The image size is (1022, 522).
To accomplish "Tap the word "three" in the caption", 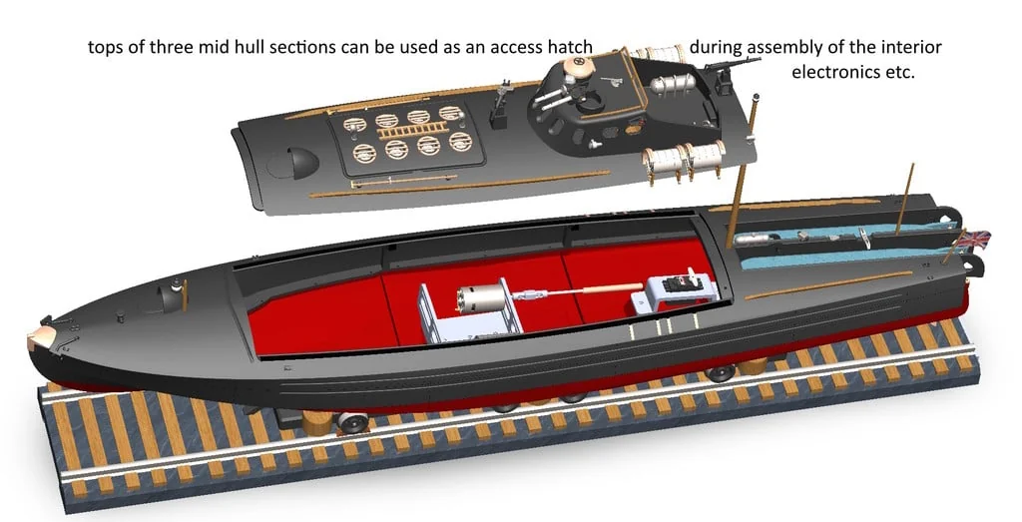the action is (x=170, y=48).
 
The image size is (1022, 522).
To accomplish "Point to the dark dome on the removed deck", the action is (x=299, y=163).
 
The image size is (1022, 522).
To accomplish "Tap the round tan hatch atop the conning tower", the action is (x=577, y=66).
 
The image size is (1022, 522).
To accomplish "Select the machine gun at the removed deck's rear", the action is (x=735, y=67).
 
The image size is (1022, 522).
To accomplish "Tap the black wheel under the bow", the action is (x=352, y=422).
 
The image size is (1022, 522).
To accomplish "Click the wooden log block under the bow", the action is (x=318, y=423).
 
